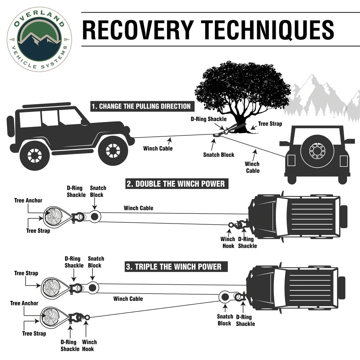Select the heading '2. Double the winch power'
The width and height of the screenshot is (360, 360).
tap(175, 184)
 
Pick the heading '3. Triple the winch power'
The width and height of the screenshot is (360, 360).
tap(174, 266)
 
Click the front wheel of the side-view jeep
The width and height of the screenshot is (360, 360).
tap(112, 150)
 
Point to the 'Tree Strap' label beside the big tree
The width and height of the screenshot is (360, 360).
tap(270, 124)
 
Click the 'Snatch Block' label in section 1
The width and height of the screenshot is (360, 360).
tap(218, 155)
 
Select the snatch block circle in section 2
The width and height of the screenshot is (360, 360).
tap(94, 217)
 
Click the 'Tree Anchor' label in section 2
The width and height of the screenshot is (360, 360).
tap(28, 200)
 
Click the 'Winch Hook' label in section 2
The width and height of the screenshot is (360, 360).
tap(227, 243)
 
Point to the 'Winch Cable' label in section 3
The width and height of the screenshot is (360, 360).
tap(128, 299)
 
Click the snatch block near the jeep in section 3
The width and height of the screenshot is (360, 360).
tap(224, 297)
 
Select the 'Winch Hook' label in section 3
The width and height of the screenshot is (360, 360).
tap(89, 345)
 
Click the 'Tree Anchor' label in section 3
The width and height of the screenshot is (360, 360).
tap(24, 303)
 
